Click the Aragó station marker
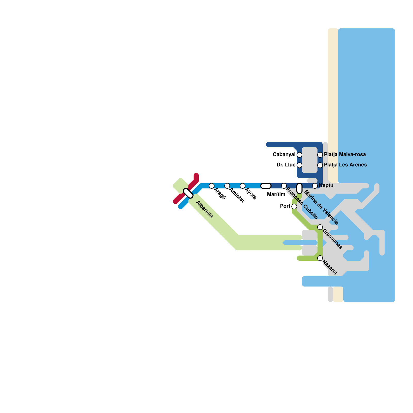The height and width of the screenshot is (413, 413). point(212,186)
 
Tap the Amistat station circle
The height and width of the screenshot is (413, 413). point(227,186)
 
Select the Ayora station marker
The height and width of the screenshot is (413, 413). point(243,186)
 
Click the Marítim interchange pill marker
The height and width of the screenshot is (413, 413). point(266,186)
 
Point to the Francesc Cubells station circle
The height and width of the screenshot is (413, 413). point(284,186)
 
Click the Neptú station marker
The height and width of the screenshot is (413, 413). point(315,186)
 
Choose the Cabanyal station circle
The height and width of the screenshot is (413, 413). point(299,155)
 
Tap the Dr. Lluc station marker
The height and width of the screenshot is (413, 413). point(299,165)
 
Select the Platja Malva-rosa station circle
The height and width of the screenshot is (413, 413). point(320,155)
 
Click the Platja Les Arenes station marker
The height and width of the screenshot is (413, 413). point(320,165)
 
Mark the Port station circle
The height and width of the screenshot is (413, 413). point(294,206)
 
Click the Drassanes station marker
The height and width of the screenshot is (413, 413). point(320,227)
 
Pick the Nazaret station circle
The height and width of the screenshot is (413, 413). point(320,258)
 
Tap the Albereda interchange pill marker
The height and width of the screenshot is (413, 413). point(188,193)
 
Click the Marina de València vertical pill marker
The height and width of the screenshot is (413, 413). point(299,188)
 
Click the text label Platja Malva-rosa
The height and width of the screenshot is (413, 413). point(345,155)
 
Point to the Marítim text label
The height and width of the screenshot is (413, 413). point(276,194)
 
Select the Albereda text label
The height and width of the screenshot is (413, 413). point(204,209)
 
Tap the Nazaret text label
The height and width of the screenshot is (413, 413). point(330,268)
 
